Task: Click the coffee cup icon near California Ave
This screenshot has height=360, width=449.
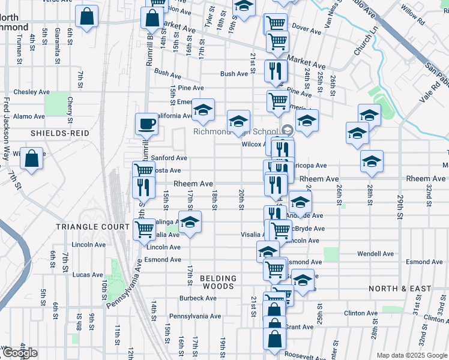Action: [146, 124]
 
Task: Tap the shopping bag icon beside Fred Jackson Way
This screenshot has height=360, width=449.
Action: [31, 159]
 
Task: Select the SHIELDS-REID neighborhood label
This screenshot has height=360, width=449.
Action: [60, 133]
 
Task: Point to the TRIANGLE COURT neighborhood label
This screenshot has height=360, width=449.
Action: [92, 227]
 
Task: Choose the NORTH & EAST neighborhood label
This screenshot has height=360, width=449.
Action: [400, 289]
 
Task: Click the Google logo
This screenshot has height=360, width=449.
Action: [20, 353]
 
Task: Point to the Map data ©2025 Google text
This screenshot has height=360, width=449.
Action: [411, 355]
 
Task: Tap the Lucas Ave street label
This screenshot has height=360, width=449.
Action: [88, 275]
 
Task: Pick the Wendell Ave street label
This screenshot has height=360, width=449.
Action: [375, 254]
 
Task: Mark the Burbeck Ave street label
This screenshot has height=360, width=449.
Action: [197, 298]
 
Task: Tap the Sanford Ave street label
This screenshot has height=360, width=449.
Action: [169, 158]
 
